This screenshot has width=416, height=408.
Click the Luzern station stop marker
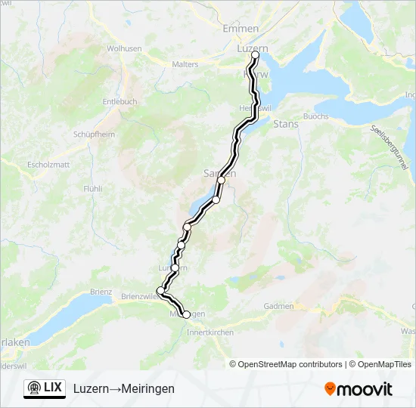pos(255,55)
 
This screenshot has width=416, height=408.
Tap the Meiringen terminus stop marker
pos(186,314)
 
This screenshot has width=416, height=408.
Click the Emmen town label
pos(241,28)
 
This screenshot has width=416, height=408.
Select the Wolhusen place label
pos(124,48)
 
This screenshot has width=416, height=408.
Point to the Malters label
pos(185,65)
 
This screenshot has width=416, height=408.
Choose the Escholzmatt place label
pos(48,164)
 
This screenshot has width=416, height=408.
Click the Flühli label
pos(93,188)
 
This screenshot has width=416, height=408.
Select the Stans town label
pos(285,123)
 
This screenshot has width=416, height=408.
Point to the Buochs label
pos(315,116)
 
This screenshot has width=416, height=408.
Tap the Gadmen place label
pos(279,306)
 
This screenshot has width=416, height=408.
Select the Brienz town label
pos(101,292)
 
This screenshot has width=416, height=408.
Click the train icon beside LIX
pos(33,388)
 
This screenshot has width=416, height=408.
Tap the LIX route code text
pos(53,388)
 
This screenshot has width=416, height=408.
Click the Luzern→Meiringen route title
pos(124,388)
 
